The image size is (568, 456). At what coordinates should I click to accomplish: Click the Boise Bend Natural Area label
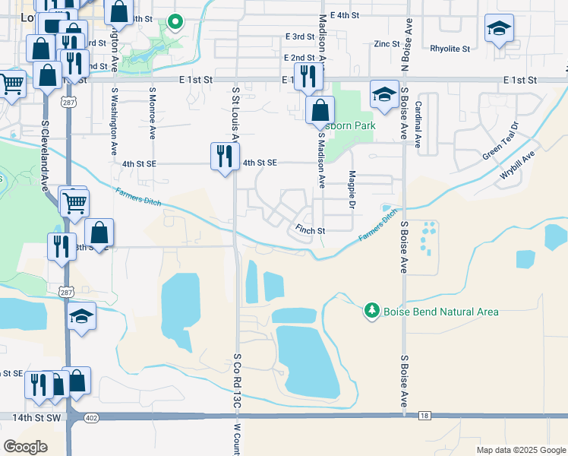click(x=440, y=312)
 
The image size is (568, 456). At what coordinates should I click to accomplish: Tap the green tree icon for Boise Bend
click(x=371, y=310)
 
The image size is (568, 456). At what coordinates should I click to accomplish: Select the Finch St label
click(x=310, y=230)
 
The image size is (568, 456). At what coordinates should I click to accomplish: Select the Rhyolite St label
click(x=450, y=48)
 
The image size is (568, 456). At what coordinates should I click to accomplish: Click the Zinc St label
click(x=387, y=44)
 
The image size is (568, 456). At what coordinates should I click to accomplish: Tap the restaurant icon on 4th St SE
click(x=224, y=157)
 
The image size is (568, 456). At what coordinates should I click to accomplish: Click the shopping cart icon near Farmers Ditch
click(x=74, y=202)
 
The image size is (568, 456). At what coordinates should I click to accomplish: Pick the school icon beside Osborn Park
click(x=384, y=94)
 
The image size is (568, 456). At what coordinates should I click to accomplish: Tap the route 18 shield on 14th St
click(x=424, y=416)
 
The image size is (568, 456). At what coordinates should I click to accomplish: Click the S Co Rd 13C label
click(x=237, y=382)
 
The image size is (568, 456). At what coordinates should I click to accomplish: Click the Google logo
click(x=25, y=446)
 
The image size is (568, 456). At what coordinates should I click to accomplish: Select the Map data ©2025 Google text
click(x=520, y=450)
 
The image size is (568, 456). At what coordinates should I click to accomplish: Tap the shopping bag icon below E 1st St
click(x=320, y=109)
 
